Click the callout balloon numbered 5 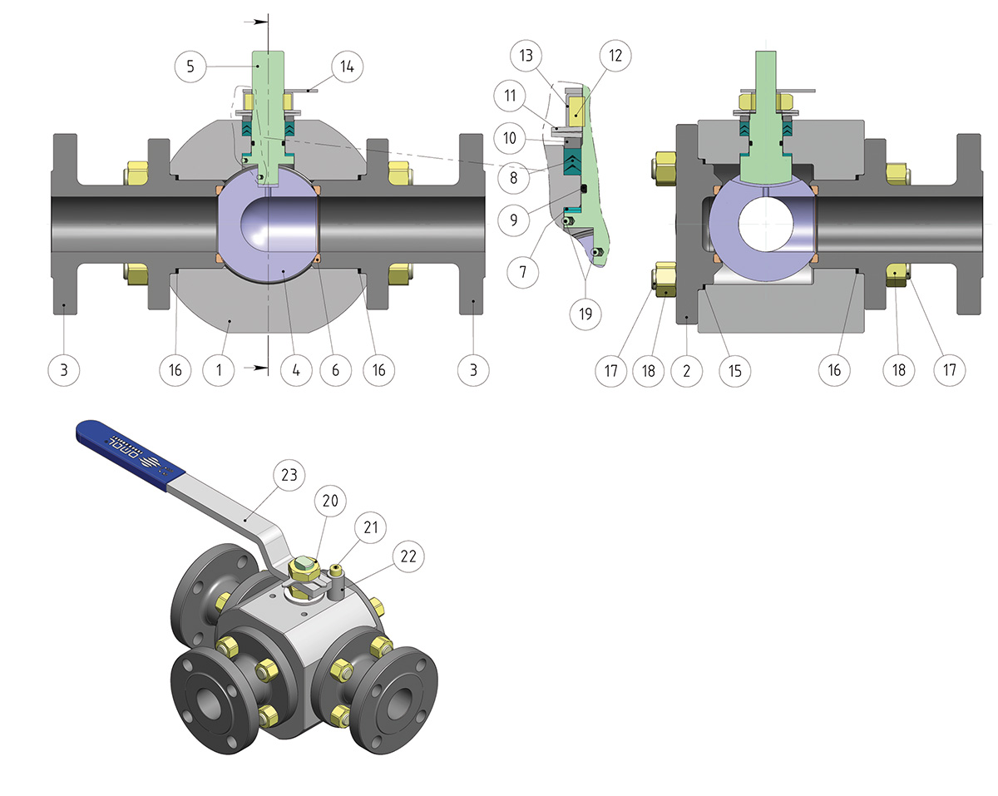pos(190,67)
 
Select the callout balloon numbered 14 pos(348,67)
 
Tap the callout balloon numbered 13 pos(526,56)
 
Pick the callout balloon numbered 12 pos(615,56)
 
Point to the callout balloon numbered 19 pos(585,314)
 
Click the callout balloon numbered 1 pos(219,370)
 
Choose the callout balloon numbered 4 pos(296,370)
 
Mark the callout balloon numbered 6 pos(335,370)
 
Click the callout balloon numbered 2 pos(686,371)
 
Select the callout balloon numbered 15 pos(734,371)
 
